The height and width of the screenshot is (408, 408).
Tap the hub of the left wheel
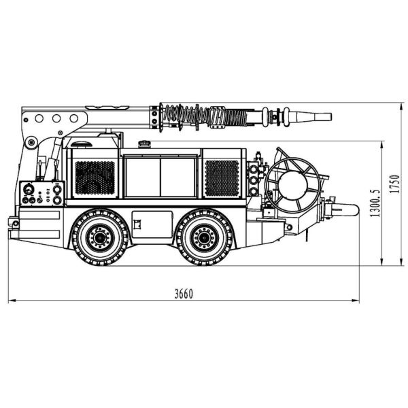[x=101, y=238]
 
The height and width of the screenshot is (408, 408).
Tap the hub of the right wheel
[x=202, y=238]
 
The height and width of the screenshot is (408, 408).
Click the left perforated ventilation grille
[x=94, y=177]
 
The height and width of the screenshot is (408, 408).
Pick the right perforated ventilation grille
[x=222, y=177]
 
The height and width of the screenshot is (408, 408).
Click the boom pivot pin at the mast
[x=31, y=143]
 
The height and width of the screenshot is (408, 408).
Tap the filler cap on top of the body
[x=143, y=143]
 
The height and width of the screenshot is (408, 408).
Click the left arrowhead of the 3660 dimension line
[x=10, y=300]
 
